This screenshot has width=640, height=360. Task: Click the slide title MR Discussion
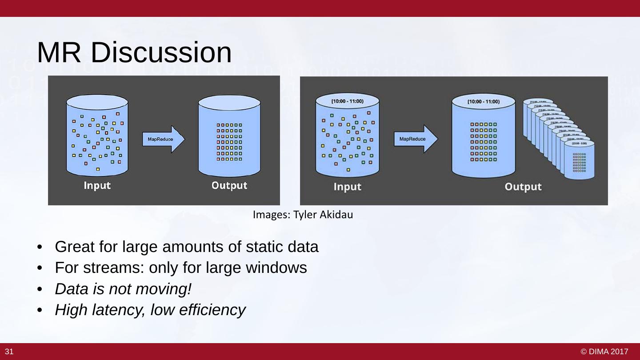pos(134,52)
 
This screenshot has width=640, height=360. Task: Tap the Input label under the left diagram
pos(97,185)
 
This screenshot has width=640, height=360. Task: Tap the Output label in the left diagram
pos(229,185)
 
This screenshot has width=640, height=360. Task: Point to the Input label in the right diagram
pos(347,187)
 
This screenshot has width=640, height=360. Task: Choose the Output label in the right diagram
pos(523,187)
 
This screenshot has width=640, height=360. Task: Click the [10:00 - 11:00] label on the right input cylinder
pos(347,101)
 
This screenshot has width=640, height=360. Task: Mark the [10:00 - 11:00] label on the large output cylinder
pos(483,102)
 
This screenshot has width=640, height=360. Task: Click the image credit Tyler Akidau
pos(303,215)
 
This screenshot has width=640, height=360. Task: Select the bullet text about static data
pos(187,246)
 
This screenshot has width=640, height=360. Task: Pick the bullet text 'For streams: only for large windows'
pos(181,268)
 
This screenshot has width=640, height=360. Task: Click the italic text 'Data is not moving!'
pos(123,289)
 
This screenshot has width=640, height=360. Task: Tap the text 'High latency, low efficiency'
pos(150,310)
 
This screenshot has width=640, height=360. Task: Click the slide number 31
pos(9,352)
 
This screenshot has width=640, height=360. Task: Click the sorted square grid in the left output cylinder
pos(229,142)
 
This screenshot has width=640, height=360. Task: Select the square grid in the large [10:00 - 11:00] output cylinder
pos(484,142)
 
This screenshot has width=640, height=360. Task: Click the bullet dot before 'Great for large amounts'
pos(40,247)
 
